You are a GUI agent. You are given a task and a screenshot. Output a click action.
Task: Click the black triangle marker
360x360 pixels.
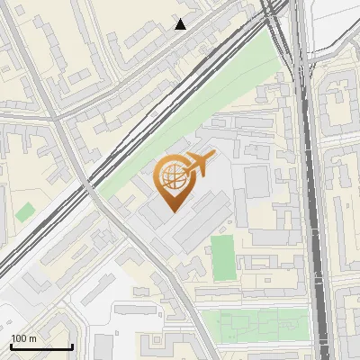pos(181,24)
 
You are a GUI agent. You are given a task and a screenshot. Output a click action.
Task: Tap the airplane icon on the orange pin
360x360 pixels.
pos(200,164)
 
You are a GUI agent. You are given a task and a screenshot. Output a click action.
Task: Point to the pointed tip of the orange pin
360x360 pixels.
pos(171,210)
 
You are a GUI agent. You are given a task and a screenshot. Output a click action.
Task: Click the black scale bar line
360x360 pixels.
pos(41,346)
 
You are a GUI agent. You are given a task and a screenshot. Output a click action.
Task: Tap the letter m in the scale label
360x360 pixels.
pos(32,338)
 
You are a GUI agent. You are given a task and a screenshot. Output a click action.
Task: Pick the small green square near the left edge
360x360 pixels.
pos(25,212)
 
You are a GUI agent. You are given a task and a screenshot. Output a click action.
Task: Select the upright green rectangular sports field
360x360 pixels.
pos(222,257)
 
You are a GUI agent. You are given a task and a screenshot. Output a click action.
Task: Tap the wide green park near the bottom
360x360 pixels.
pos(252,322)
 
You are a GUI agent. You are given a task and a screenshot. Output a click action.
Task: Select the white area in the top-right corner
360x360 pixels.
pos(337,22)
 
